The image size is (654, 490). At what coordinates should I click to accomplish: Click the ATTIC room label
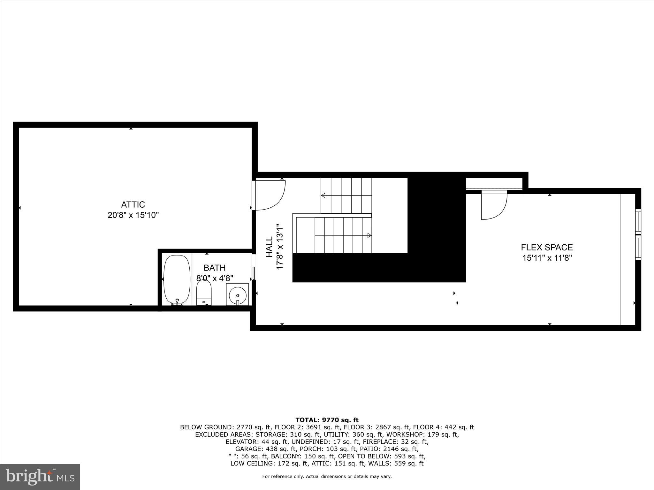tap(133, 204)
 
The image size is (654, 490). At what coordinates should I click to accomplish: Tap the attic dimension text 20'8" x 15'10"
tap(133, 215)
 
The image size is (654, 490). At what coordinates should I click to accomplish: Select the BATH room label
tap(215, 268)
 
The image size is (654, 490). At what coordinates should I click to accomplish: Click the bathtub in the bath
tap(177, 278)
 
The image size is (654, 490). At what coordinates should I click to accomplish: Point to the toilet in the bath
tap(204, 291)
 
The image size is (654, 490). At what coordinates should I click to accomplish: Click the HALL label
tap(270, 247)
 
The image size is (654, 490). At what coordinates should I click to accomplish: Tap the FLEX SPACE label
tap(547, 247)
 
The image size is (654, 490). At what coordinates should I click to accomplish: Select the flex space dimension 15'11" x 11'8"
tap(547, 258)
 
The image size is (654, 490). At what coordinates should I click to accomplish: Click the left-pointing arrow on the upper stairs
tap(323, 195)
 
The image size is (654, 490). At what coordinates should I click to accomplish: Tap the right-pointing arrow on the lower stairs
tap(369, 235)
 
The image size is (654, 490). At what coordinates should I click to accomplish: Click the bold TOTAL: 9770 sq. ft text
tap(327, 420)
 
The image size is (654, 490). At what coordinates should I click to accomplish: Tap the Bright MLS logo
tap(40, 477)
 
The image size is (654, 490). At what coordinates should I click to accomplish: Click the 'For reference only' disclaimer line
tap(327, 477)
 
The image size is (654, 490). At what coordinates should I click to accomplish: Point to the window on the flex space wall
tap(638, 234)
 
